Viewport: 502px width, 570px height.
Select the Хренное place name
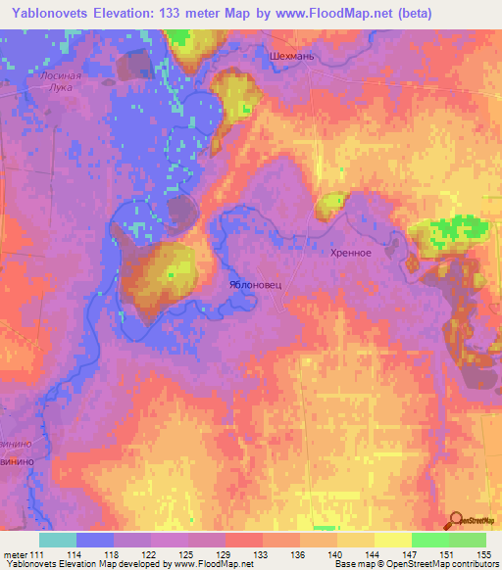point(349,253)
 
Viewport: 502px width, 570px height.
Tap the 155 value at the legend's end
point(482,555)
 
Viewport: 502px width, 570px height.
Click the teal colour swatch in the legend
point(58,540)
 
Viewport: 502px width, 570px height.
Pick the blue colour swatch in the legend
point(95,540)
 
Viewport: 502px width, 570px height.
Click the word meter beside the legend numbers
point(15,555)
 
